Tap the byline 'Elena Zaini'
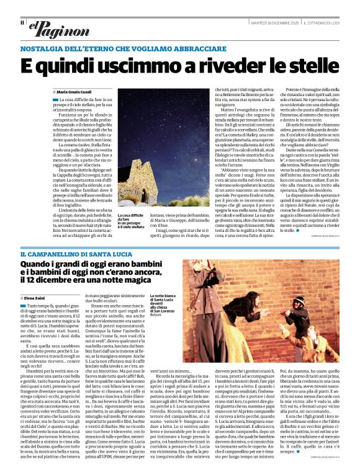pos(38,298)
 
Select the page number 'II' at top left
pos(22,23)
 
